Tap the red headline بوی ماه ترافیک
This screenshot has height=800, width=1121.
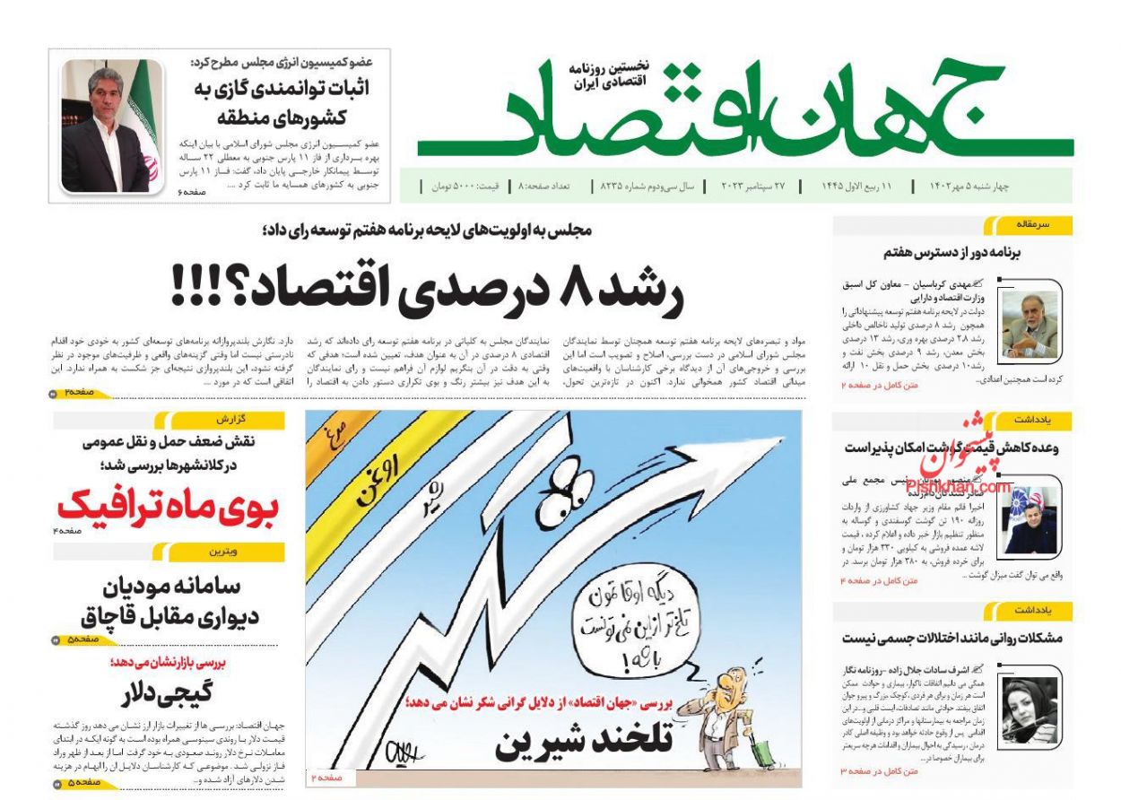(169, 507)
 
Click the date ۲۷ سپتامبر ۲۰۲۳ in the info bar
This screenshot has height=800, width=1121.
(751, 187)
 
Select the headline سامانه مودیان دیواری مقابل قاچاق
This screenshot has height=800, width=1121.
(169, 602)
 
